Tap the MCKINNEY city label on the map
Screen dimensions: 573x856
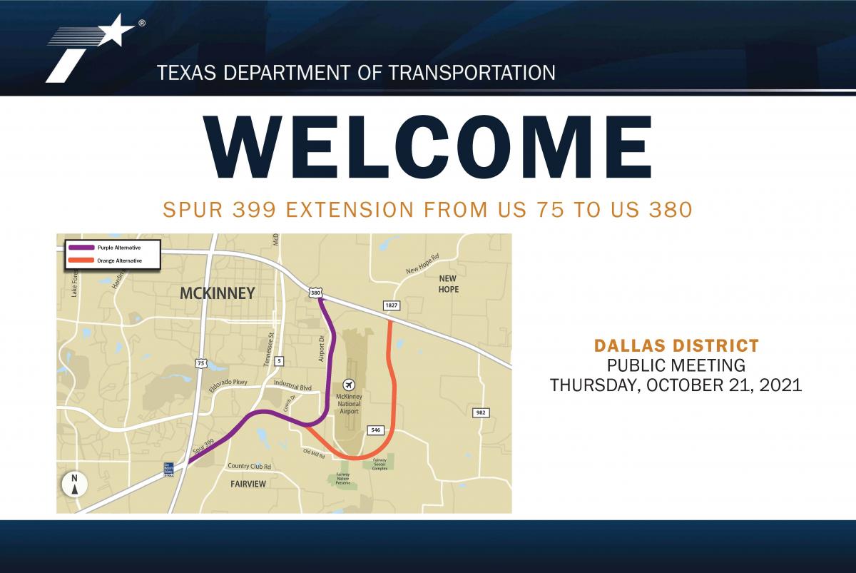coord(217,293)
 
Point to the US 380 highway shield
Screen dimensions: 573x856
coord(315,293)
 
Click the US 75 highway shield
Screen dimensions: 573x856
coord(201,363)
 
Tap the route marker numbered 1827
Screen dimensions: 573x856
coord(391,305)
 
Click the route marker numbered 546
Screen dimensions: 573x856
coord(375,430)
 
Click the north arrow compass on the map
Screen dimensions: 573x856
coord(74,484)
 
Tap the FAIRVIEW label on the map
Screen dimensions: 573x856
coord(248,484)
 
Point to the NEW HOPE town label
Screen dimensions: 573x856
coord(449,283)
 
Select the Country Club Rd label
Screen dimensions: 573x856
coord(249,467)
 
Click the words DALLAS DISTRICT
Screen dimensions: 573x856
coord(676,346)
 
